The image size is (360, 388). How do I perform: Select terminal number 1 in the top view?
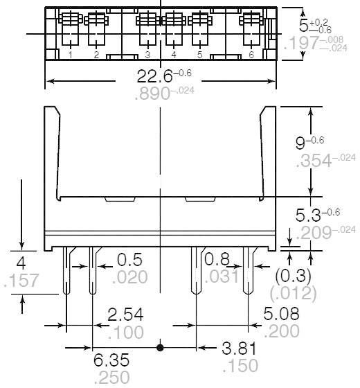tap(71, 54)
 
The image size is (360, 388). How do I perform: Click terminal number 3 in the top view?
tap(147, 54)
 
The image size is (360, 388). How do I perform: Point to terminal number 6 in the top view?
tap(251, 54)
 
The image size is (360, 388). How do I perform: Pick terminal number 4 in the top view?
tap(173, 54)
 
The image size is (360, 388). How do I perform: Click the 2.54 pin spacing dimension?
tap(126, 315)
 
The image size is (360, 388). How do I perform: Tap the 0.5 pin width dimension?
tap(129, 260)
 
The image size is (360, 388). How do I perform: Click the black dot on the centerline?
tap(160, 346)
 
